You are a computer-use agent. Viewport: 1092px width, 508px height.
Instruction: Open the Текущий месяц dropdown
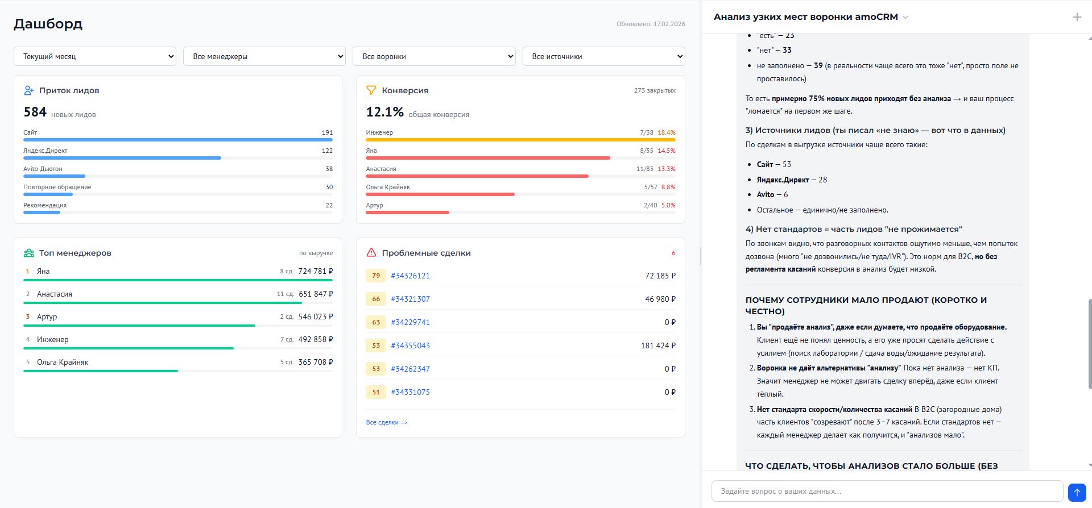[x=94, y=56]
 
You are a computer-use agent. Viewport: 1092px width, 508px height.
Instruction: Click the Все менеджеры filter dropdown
[x=264, y=56]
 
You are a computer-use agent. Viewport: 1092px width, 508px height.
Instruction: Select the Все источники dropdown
[x=603, y=56]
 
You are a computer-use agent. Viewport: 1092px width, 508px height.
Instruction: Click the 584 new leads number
[x=35, y=112]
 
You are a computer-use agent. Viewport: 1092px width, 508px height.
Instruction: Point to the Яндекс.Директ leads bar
[x=122, y=158]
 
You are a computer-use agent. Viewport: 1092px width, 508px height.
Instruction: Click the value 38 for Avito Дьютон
[x=329, y=169]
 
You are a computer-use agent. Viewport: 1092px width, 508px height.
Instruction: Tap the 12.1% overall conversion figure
[x=384, y=112]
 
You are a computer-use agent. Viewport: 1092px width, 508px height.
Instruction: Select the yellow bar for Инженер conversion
[x=520, y=140]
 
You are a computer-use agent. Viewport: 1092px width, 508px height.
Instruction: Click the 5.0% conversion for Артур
[x=668, y=205]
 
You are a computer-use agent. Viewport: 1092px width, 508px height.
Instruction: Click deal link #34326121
[x=410, y=276]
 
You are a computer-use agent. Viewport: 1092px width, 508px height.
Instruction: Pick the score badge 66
[x=376, y=299]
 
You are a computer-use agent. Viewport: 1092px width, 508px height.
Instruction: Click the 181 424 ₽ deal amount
[x=658, y=345]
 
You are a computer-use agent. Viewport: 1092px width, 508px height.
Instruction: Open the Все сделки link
[x=386, y=422]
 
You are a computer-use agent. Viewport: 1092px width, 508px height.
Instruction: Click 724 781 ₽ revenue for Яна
[x=316, y=271]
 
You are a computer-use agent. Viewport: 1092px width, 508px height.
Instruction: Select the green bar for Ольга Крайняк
[x=101, y=371]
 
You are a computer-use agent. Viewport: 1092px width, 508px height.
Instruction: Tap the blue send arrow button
[x=1077, y=492]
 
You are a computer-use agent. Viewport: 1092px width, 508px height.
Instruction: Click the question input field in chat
[x=887, y=491]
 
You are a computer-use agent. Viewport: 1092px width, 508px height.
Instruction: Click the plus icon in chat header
[x=1077, y=17]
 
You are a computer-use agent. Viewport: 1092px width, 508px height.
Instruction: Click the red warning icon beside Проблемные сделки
[x=371, y=253]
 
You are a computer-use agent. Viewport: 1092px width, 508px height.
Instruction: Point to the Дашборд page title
[x=48, y=24]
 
